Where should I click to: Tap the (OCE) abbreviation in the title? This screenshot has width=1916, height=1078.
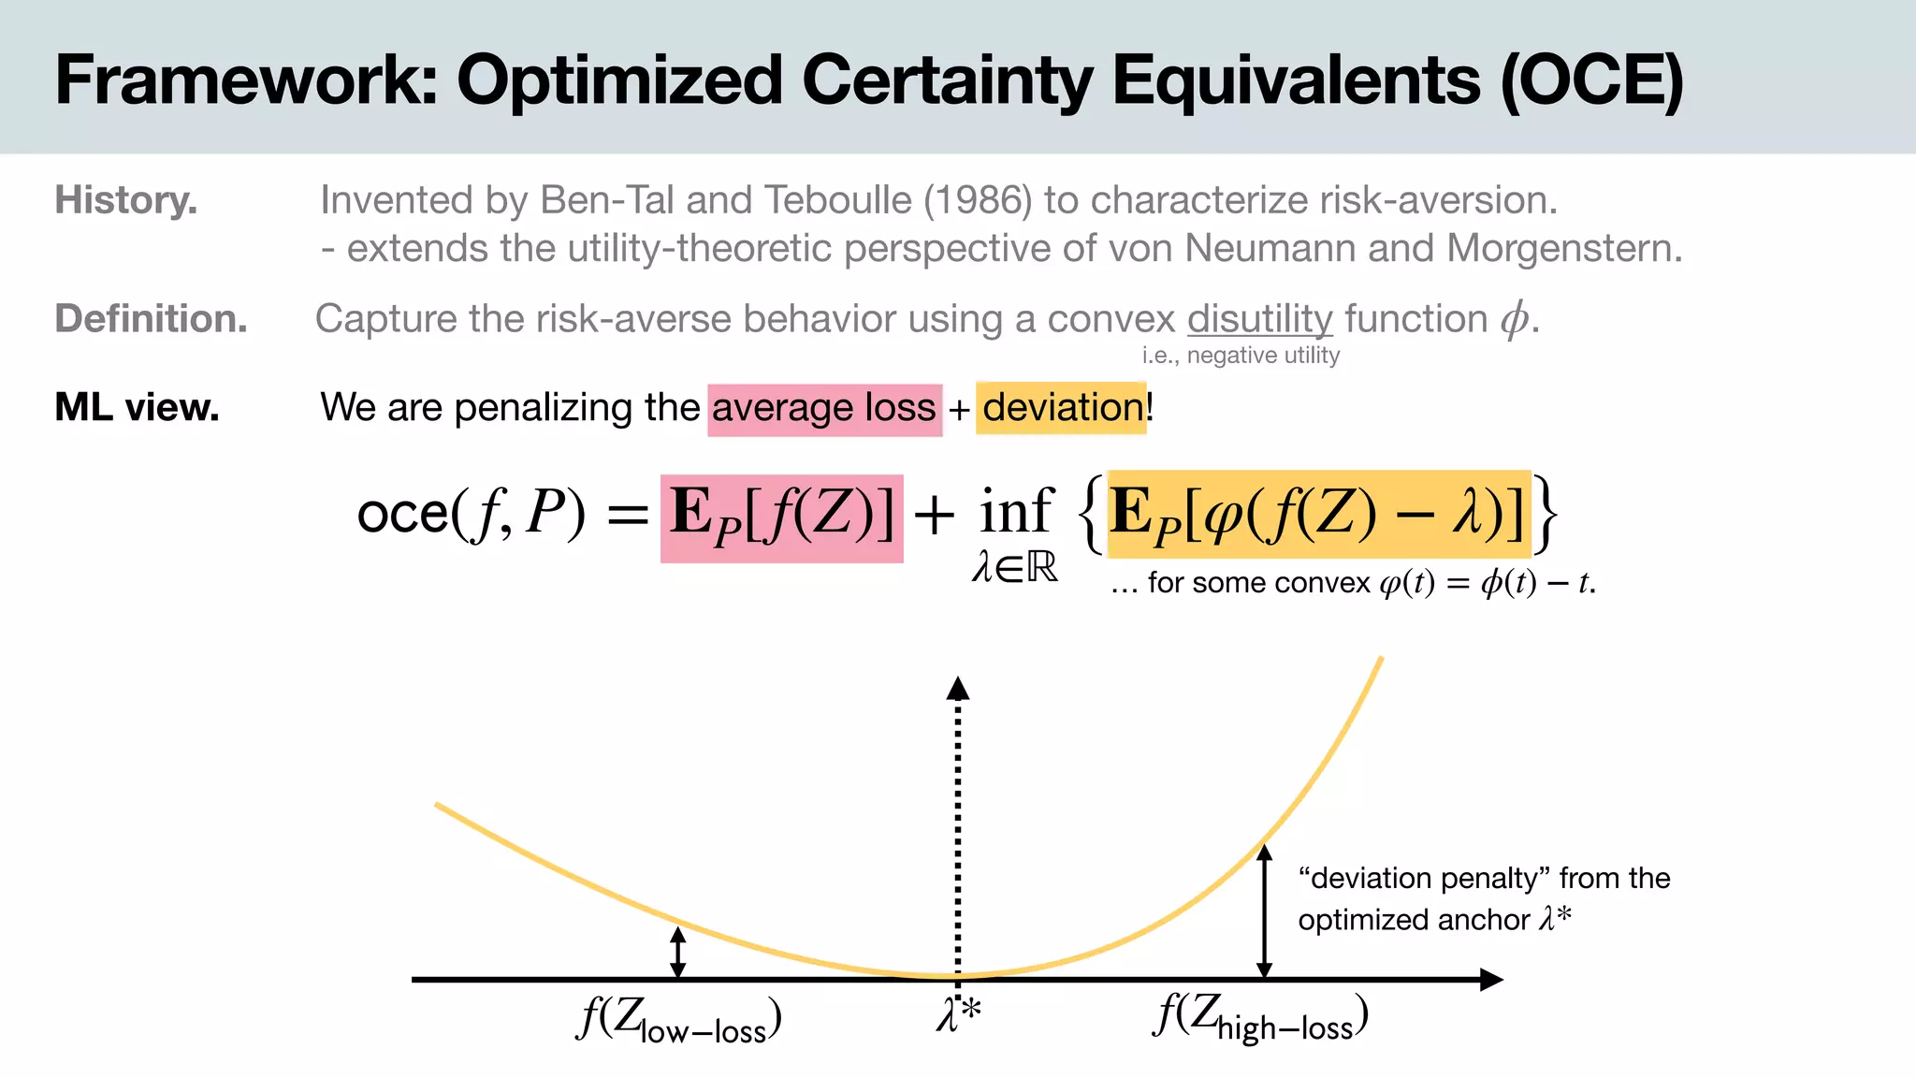(1591, 80)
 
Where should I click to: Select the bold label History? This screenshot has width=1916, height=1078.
(125, 200)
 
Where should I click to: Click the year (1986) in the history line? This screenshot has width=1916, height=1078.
(978, 200)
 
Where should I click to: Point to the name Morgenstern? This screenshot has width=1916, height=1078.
(1563, 249)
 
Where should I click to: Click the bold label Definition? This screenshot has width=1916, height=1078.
(151, 319)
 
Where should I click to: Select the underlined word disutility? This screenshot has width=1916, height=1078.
(1259, 319)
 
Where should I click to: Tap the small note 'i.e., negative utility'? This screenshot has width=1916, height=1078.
(1241, 356)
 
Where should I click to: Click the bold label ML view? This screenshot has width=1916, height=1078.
(137, 407)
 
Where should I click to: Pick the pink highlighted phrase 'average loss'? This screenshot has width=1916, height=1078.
(823, 409)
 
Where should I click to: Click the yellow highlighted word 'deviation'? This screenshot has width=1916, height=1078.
(1061, 408)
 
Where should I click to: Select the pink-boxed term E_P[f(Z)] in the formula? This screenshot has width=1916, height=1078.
(781, 517)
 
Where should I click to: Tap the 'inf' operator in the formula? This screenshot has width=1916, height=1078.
(1016, 513)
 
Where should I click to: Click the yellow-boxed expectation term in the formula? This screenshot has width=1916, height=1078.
(1317, 515)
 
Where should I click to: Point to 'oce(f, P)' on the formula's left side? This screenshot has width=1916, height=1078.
(471, 514)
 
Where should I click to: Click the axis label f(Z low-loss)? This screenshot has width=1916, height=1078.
(679, 1020)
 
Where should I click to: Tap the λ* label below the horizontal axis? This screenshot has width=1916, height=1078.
(958, 1014)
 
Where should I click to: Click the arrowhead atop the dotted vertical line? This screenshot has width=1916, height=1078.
(957, 688)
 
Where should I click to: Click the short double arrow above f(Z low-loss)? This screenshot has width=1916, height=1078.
(678, 952)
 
